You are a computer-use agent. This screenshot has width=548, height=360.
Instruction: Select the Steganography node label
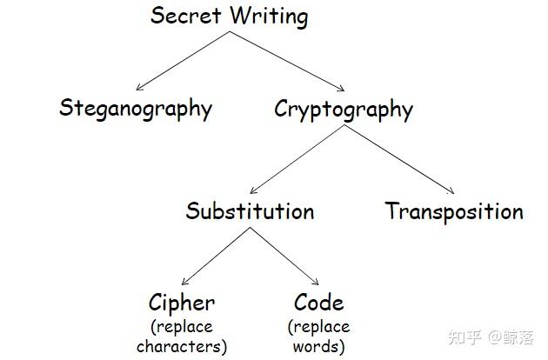click(136, 109)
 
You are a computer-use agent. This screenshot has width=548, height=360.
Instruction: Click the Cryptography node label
click(344, 110)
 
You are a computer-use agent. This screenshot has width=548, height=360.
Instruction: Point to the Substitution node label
click(250, 211)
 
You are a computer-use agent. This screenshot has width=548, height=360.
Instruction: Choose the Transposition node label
click(454, 211)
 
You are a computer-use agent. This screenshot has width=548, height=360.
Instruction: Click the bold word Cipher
click(182, 303)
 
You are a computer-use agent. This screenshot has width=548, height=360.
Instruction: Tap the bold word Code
click(319, 303)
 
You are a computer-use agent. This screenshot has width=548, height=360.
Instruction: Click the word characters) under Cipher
click(182, 346)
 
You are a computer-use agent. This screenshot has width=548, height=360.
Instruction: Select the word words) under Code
click(319, 346)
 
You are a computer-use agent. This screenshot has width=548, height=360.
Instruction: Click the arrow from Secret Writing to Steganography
click(184, 61)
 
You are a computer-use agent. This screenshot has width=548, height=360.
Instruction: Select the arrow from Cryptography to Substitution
click(297, 159)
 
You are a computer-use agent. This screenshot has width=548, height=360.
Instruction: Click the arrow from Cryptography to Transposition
click(399, 159)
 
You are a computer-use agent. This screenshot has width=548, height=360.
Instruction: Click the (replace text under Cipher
click(182, 327)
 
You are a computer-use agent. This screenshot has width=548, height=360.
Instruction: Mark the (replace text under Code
click(319, 327)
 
